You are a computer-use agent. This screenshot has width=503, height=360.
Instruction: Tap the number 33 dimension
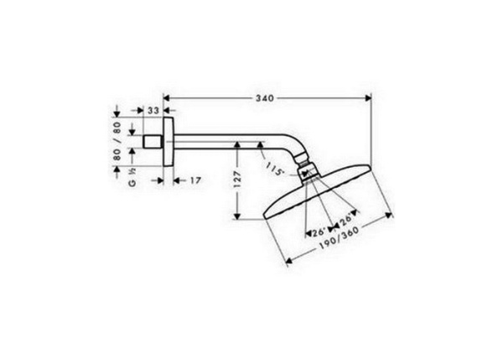(154, 110)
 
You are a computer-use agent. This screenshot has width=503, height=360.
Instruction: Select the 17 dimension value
(194, 179)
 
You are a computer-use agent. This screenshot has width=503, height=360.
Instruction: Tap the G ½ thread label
(131, 180)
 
